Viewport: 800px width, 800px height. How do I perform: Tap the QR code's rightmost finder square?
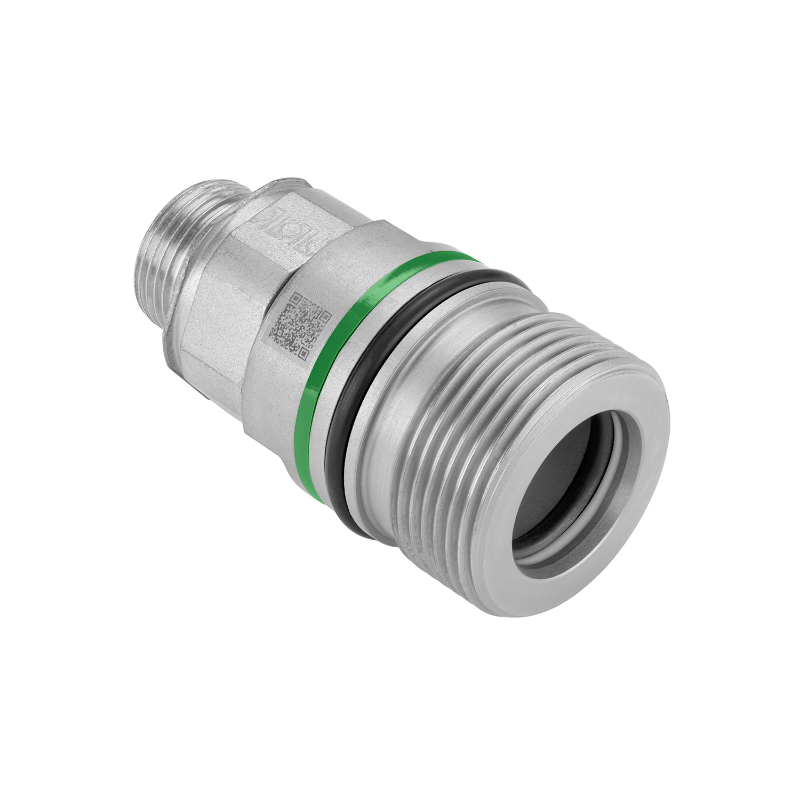tap(324, 316)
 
